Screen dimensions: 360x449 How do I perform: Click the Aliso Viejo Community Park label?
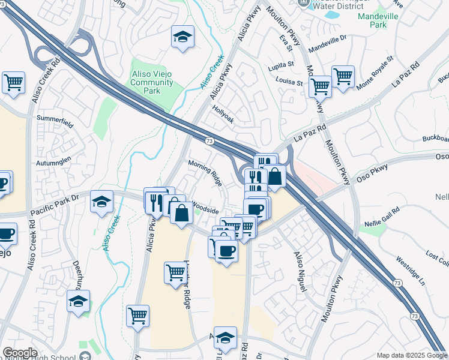pos(152,82)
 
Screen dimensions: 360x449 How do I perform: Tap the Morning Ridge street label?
pos(205,171)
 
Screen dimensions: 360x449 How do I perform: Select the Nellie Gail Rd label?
pos(382,218)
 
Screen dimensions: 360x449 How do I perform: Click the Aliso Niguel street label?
pos(300,271)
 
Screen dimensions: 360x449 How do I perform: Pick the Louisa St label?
pos(289,81)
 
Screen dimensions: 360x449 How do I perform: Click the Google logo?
pos(20,353)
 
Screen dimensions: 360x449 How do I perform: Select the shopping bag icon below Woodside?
pos(181,212)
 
